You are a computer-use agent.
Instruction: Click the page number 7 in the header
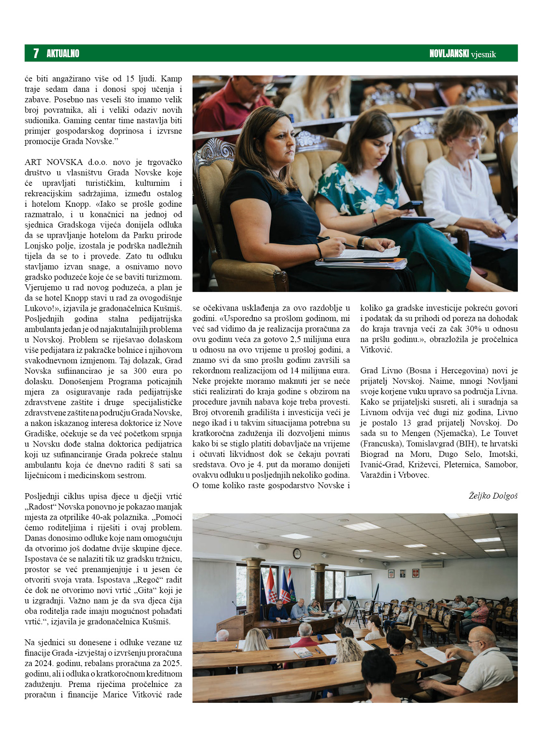36,53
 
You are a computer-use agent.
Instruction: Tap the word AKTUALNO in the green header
63,53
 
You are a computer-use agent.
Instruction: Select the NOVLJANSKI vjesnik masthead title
462,53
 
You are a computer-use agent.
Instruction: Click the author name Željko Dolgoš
493,496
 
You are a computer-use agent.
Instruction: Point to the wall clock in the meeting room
297,554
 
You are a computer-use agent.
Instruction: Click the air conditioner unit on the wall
432,564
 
